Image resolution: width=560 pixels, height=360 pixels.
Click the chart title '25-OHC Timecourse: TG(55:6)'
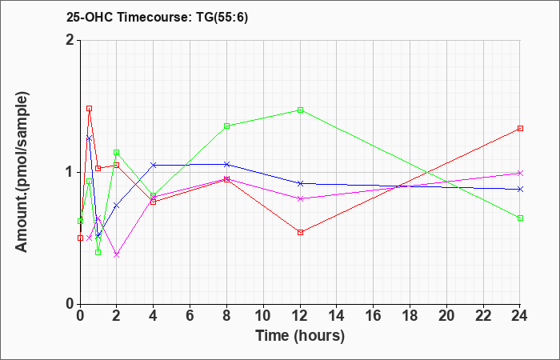(x=157, y=18)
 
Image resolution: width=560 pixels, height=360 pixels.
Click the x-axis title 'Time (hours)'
(x=300, y=336)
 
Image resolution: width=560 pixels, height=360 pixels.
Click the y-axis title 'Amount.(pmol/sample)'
(x=22, y=172)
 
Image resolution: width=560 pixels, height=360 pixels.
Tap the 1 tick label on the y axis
(x=70, y=173)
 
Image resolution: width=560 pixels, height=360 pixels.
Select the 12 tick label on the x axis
(x=300, y=316)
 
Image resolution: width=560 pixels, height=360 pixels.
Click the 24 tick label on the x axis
(x=520, y=316)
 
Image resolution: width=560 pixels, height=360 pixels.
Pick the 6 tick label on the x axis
(x=190, y=316)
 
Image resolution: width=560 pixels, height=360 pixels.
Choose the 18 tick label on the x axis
(x=410, y=316)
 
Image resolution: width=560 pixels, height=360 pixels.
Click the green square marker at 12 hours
(x=300, y=110)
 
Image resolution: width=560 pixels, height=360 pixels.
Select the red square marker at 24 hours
(x=520, y=128)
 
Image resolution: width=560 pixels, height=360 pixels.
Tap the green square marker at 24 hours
(x=520, y=218)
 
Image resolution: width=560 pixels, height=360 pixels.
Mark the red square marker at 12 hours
(x=300, y=233)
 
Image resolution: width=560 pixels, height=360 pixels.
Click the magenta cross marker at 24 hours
(x=520, y=174)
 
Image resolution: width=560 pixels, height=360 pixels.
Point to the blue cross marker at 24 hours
(x=520, y=189)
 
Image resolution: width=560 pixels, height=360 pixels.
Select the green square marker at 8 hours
(x=226, y=126)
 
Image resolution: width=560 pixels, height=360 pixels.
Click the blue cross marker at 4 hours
(x=154, y=165)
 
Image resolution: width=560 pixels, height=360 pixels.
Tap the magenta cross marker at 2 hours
(x=117, y=254)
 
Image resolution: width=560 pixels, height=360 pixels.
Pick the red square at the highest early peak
(x=90, y=109)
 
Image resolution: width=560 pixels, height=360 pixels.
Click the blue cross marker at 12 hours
(x=300, y=183)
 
